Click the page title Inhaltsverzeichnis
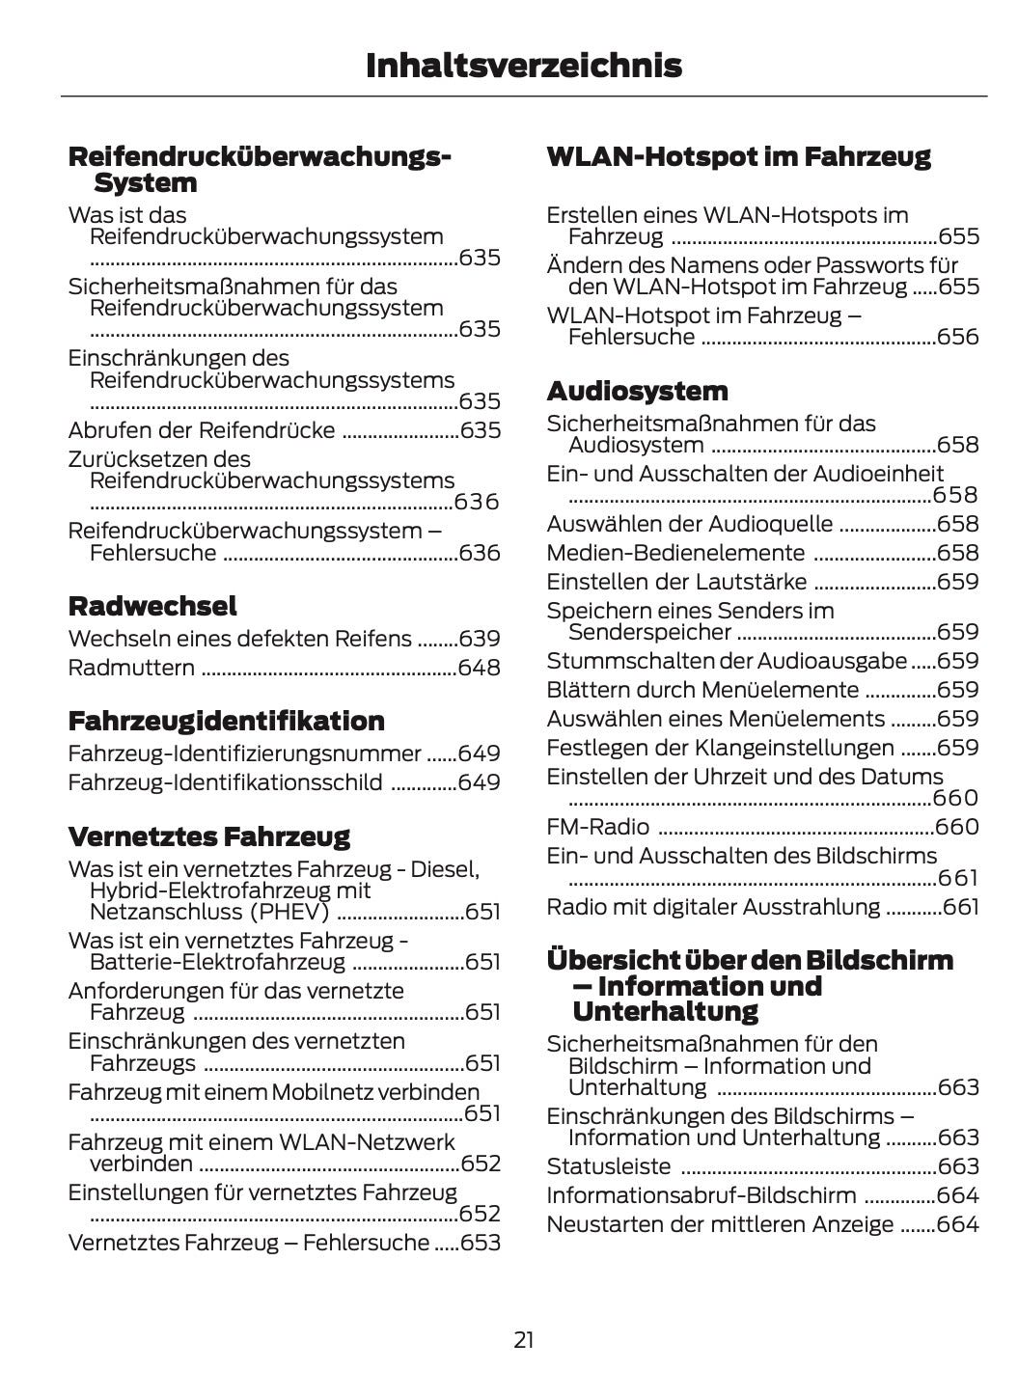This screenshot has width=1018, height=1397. coord(523,66)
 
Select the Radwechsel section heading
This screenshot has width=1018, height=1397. coord(152,606)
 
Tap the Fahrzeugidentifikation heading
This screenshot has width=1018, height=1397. coord(226,721)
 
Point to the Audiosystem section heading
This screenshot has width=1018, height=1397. coord(637,391)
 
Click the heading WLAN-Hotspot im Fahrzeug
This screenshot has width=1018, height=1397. coord(738,156)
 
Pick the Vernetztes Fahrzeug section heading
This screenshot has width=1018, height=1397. coord(208,835)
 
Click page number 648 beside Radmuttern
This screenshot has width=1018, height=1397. coord(480,668)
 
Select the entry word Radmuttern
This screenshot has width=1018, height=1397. coord(131,668)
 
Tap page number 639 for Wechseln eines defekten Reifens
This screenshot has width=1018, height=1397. coord(480,639)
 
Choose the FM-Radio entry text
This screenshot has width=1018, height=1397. coord(598,827)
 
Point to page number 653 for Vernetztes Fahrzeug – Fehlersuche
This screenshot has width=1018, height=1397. coord(480,1243)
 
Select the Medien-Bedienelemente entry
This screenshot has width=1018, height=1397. coord(675,553)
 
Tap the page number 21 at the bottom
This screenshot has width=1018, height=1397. coord(523,1339)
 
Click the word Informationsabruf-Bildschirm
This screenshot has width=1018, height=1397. coord(702,1195)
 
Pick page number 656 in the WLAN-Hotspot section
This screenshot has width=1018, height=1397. coord(957,337)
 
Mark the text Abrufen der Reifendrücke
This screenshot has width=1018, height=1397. coord(202,430)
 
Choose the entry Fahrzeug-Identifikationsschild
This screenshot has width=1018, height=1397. coord(225,782)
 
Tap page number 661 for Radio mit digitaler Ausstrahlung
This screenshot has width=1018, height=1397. coord(960,907)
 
